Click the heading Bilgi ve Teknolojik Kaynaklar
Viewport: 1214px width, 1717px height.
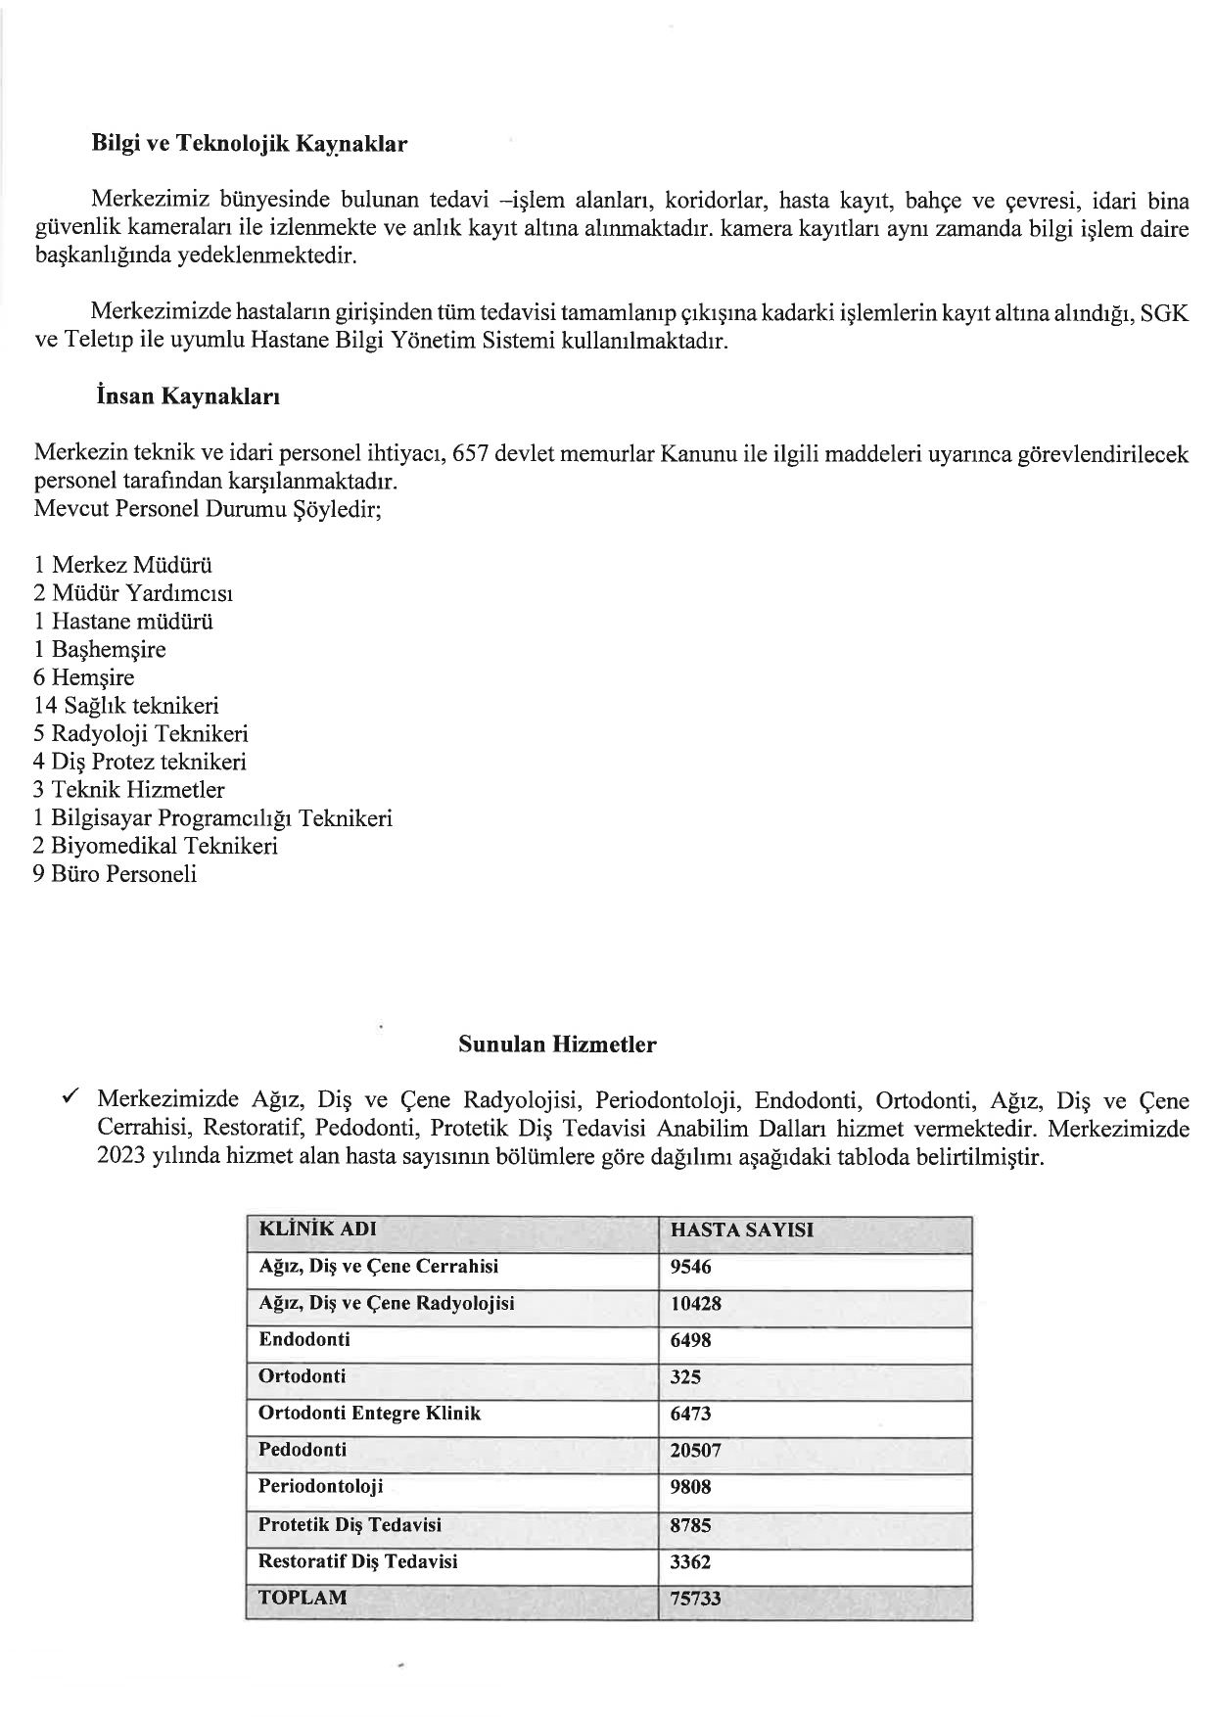coord(249,144)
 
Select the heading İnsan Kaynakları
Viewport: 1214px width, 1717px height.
coord(186,397)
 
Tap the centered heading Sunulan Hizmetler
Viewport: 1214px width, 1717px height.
coord(557,1044)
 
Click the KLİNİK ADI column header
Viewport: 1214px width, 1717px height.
coord(317,1230)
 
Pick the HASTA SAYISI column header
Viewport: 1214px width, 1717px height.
coord(741,1230)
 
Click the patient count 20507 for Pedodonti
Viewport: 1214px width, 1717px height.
coord(695,1451)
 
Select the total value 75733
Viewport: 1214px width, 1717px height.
coord(695,1599)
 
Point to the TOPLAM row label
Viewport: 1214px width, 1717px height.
coord(303,1598)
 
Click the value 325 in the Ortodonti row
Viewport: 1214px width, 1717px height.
coord(685,1377)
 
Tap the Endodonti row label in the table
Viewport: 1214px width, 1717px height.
coord(303,1339)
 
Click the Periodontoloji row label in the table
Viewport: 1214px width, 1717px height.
coord(320,1487)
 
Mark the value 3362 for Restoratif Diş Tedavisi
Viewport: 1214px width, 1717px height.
coord(690,1562)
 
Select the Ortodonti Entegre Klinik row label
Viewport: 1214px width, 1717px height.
coord(369,1414)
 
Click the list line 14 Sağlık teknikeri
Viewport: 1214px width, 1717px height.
coord(126,706)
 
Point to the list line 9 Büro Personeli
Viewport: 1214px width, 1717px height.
coord(115,874)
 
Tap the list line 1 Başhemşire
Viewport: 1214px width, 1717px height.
coord(100,650)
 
